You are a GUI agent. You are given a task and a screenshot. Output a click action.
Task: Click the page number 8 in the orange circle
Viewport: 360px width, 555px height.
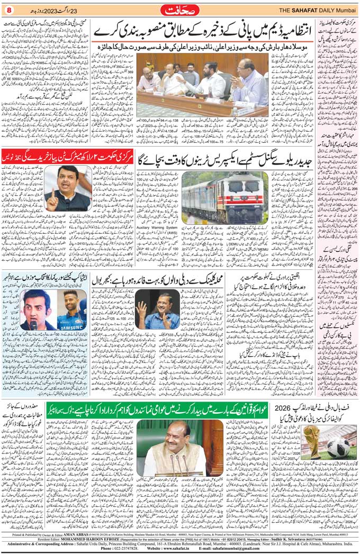click(x=8, y=9)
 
